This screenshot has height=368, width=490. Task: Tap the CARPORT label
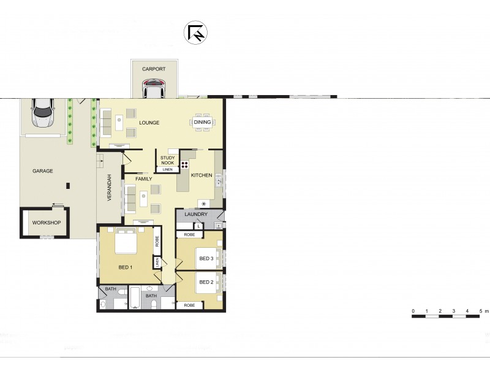[154, 69]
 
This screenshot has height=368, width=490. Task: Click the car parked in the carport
[154, 90]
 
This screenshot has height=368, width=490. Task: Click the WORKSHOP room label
[46, 222]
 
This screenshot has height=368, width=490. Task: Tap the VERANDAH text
[110, 188]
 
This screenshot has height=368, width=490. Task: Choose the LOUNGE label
[149, 123]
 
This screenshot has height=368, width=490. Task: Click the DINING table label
[202, 123]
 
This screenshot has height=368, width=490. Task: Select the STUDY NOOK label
[168, 160]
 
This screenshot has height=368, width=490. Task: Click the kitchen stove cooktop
[184, 164]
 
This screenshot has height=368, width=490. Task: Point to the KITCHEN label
[202, 175]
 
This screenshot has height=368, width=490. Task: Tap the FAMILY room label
[143, 178]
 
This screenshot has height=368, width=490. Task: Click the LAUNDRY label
[196, 215]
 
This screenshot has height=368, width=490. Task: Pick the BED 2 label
[206, 283]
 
